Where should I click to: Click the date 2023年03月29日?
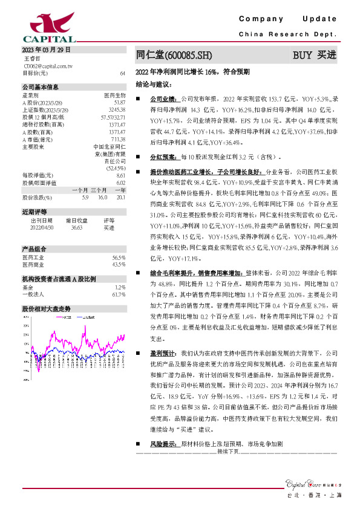46,50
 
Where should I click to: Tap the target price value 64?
122,73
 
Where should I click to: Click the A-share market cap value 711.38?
118,139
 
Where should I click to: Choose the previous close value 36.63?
76,227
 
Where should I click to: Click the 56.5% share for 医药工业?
119,257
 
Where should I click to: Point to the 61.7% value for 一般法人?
119,294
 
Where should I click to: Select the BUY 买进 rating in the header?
314,55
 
